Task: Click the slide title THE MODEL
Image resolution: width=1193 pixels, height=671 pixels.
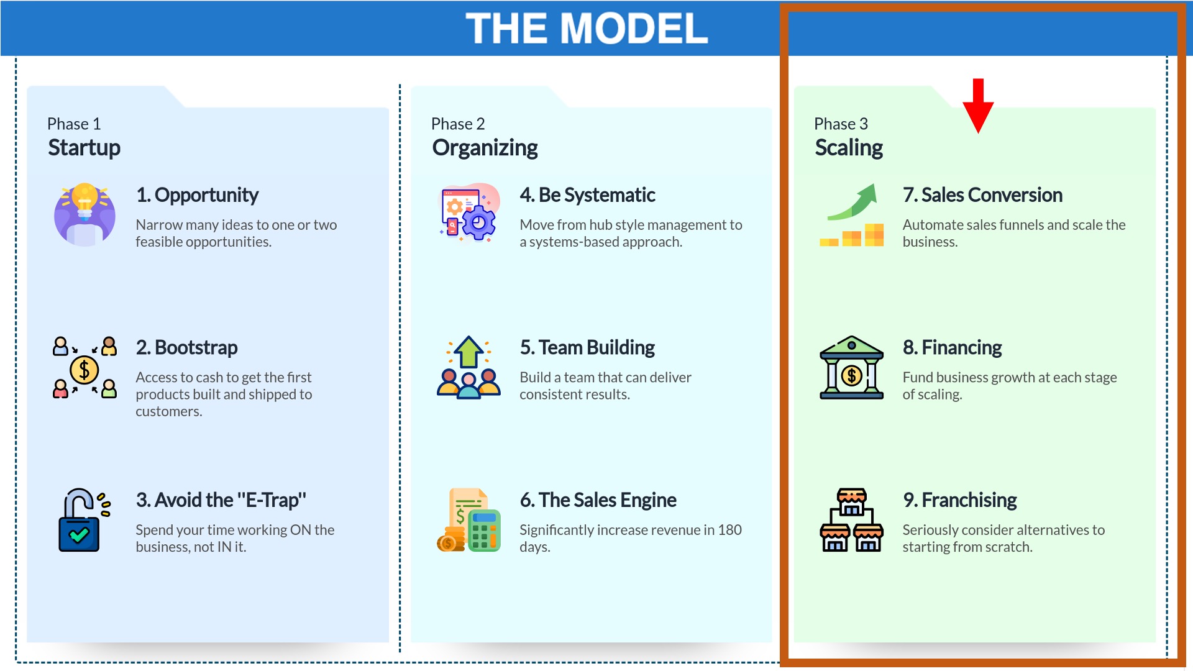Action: coord(587,29)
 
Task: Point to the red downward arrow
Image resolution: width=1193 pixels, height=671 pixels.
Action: coord(978,106)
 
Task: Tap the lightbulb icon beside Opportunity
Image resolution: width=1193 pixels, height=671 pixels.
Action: coord(85,214)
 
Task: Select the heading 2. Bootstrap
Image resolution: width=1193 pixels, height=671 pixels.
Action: coord(186,347)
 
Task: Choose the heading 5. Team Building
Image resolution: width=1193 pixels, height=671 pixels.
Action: coord(587,347)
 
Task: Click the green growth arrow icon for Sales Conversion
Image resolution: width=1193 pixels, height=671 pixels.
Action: coord(852,215)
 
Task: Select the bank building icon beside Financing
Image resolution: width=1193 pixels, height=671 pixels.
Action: coord(851,367)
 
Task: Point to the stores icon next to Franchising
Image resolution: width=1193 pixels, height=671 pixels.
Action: coord(851,520)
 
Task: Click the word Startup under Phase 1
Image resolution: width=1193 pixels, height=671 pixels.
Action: coord(85,148)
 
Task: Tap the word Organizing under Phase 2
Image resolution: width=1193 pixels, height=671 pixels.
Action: coord(485,148)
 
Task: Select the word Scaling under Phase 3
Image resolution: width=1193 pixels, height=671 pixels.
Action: coord(849,148)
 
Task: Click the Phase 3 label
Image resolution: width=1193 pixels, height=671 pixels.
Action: coord(841,124)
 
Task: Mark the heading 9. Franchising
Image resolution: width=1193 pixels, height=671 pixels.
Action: coord(960,500)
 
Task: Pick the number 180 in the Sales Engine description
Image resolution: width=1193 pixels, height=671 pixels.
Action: coord(730,530)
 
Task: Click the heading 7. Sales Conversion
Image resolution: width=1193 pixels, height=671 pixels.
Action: coord(982,195)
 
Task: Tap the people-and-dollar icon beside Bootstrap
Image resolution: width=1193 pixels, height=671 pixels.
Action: coord(85,367)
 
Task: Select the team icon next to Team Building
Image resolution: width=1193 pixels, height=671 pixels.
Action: coord(469,367)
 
